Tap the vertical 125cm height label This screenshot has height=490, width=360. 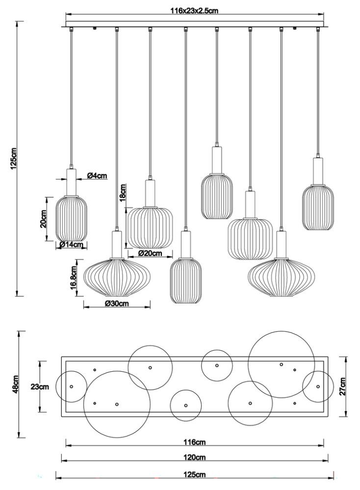pyautogui.click(x=14, y=158)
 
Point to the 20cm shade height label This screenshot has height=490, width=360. pyautogui.click(x=44, y=219)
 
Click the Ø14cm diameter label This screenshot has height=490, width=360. pyautogui.click(x=70, y=245)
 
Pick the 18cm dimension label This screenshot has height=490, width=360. pyautogui.click(x=123, y=193)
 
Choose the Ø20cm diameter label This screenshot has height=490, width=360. pyautogui.click(x=150, y=254)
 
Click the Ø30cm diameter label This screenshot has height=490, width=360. pyautogui.click(x=117, y=304)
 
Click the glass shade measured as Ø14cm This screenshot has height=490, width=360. pyautogui.click(x=71, y=218)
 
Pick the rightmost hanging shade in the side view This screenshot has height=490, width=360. pyautogui.click(x=317, y=207)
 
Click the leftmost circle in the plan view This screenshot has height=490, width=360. pyautogui.click(x=71, y=387)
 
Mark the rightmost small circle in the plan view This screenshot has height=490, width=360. pyautogui.click(x=318, y=387)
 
